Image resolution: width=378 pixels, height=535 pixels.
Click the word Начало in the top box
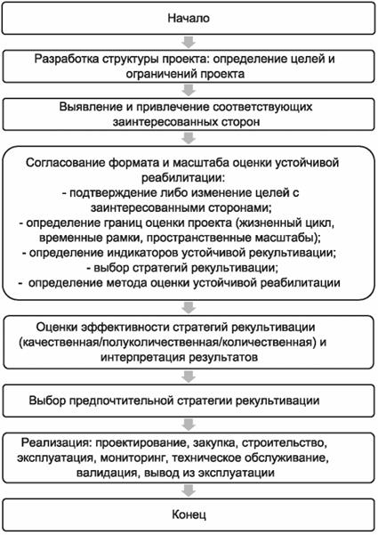(x=188, y=18)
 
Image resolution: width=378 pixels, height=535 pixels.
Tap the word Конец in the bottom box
(x=188, y=515)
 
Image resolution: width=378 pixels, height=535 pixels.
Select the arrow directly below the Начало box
(x=188, y=40)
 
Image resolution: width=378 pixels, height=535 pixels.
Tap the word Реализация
(x=62, y=442)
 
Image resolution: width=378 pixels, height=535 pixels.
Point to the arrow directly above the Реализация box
(x=188, y=421)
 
